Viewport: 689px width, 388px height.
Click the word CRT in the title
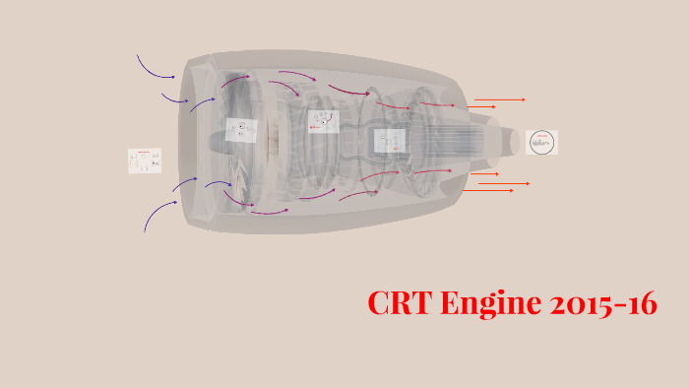click(x=403, y=303)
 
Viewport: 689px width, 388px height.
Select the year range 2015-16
click(x=601, y=303)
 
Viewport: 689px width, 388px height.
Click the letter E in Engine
click(x=452, y=303)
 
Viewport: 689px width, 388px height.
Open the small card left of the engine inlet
click(x=144, y=162)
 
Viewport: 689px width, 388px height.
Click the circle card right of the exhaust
click(x=541, y=143)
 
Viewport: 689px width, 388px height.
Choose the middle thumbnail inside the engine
click(x=322, y=121)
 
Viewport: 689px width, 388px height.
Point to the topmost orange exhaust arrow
click(x=499, y=99)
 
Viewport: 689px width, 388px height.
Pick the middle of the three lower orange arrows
click(x=505, y=183)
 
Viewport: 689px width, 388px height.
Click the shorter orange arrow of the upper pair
click(x=480, y=106)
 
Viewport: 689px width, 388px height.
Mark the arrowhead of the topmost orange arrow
click(x=524, y=99)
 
